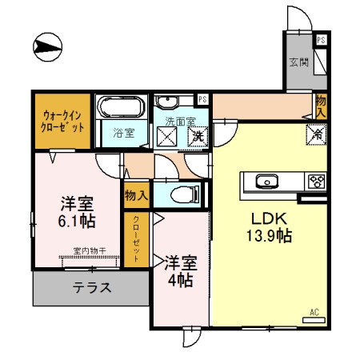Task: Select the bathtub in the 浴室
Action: coord(119,108)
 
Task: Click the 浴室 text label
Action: coord(122,133)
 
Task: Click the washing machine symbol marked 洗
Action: coord(198,136)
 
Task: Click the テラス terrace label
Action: coord(91,288)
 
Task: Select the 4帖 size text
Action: coord(180,280)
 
